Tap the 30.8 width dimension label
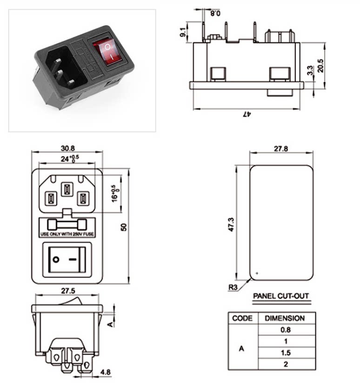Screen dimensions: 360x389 pyautogui.click(x=68, y=148)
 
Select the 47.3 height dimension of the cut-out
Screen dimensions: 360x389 pyautogui.click(x=231, y=225)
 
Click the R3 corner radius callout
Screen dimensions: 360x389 pyautogui.click(x=233, y=287)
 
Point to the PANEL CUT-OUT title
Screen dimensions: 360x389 pyautogui.click(x=281, y=296)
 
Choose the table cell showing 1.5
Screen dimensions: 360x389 pyautogui.click(x=286, y=353)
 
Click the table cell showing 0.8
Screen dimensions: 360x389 pyautogui.click(x=286, y=330)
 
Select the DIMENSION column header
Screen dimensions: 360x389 pyautogui.click(x=285, y=318)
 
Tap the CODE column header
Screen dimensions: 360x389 pyautogui.click(x=242, y=318)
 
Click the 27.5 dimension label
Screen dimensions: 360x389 pyautogui.click(x=68, y=291)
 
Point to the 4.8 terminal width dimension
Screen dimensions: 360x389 pyautogui.click(x=106, y=372)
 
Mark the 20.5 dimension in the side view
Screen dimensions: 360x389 pyautogui.click(x=320, y=66)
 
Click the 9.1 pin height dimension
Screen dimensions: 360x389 pyautogui.click(x=183, y=32)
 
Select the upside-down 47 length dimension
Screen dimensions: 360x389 pyautogui.click(x=247, y=114)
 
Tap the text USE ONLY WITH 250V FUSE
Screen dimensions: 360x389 pyautogui.click(x=67, y=234)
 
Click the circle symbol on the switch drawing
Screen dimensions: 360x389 pyautogui.click(x=56, y=260)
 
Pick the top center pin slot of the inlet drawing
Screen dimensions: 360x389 pyautogui.click(x=67, y=189)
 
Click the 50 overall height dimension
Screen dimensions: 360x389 pyautogui.click(x=123, y=227)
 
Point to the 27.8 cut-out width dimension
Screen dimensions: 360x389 pyautogui.click(x=281, y=148)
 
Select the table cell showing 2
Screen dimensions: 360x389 pyautogui.click(x=286, y=364)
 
